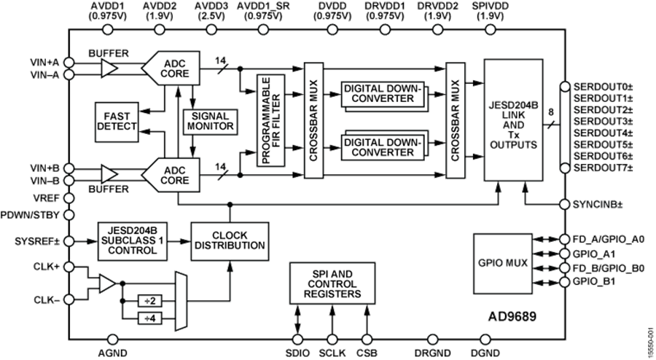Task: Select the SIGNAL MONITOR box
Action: tap(210, 121)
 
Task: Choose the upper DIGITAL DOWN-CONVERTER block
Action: tap(382, 94)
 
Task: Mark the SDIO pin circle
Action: tap(297, 339)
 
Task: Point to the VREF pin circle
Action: tap(69, 197)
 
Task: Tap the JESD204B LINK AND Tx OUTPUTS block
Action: tap(513, 120)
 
